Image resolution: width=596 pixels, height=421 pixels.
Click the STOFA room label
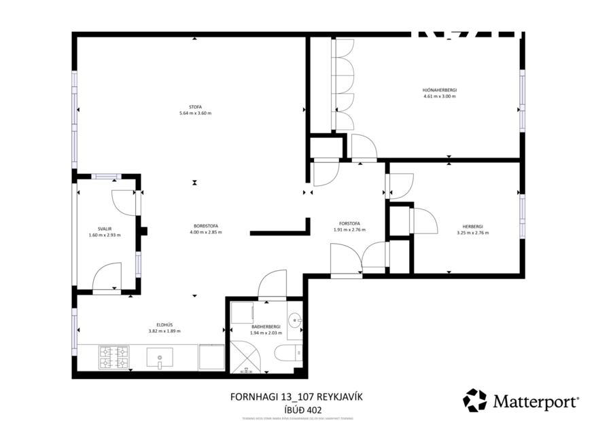pos(195,107)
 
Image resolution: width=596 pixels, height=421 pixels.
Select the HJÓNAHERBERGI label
pos(439,90)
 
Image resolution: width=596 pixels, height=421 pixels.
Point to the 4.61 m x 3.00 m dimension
pos(439,96)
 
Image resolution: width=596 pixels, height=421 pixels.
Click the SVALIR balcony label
pos(104,229)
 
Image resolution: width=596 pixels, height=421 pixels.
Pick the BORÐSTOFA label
pos(205,225)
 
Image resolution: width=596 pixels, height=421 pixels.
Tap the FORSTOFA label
pos(349,223)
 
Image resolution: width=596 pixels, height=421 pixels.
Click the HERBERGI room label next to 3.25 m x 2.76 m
pos(472,226)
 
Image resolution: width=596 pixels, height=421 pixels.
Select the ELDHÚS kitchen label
pos(164,325)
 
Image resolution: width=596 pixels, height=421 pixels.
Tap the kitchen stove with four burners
pos(114,357)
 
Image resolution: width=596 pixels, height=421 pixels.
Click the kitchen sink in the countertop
pos(160,357)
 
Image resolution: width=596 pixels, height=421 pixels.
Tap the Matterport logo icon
pos(474,400)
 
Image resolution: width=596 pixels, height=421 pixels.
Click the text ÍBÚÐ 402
pos(304,409)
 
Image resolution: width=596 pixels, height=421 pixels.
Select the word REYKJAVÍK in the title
pos(345,397)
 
